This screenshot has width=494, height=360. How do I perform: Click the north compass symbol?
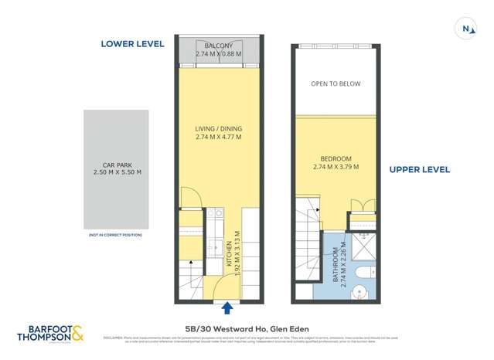[x=467, y=29]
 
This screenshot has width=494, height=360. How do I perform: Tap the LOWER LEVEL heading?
[x=132, y=44]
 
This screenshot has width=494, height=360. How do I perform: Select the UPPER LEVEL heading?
[x=419, y=169]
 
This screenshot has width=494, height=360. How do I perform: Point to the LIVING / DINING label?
[x=218, y=128]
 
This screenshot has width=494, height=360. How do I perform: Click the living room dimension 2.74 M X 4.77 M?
[x=218, y=137]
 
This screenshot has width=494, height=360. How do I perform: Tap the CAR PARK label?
[x=117, y=164]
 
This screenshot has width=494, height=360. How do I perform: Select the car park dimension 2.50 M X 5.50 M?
[x=117, y=172]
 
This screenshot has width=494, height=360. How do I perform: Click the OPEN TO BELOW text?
[x=336, y=83]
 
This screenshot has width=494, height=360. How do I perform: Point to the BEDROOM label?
[x=336, y=158]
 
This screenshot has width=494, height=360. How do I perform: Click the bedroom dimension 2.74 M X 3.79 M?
[x=336, y=167]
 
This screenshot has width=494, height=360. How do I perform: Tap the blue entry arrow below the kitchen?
[x=228, y=309]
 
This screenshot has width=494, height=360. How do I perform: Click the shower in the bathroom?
[x=363, y=246]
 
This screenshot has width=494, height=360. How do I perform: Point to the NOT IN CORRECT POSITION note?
[x=116, y=234]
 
